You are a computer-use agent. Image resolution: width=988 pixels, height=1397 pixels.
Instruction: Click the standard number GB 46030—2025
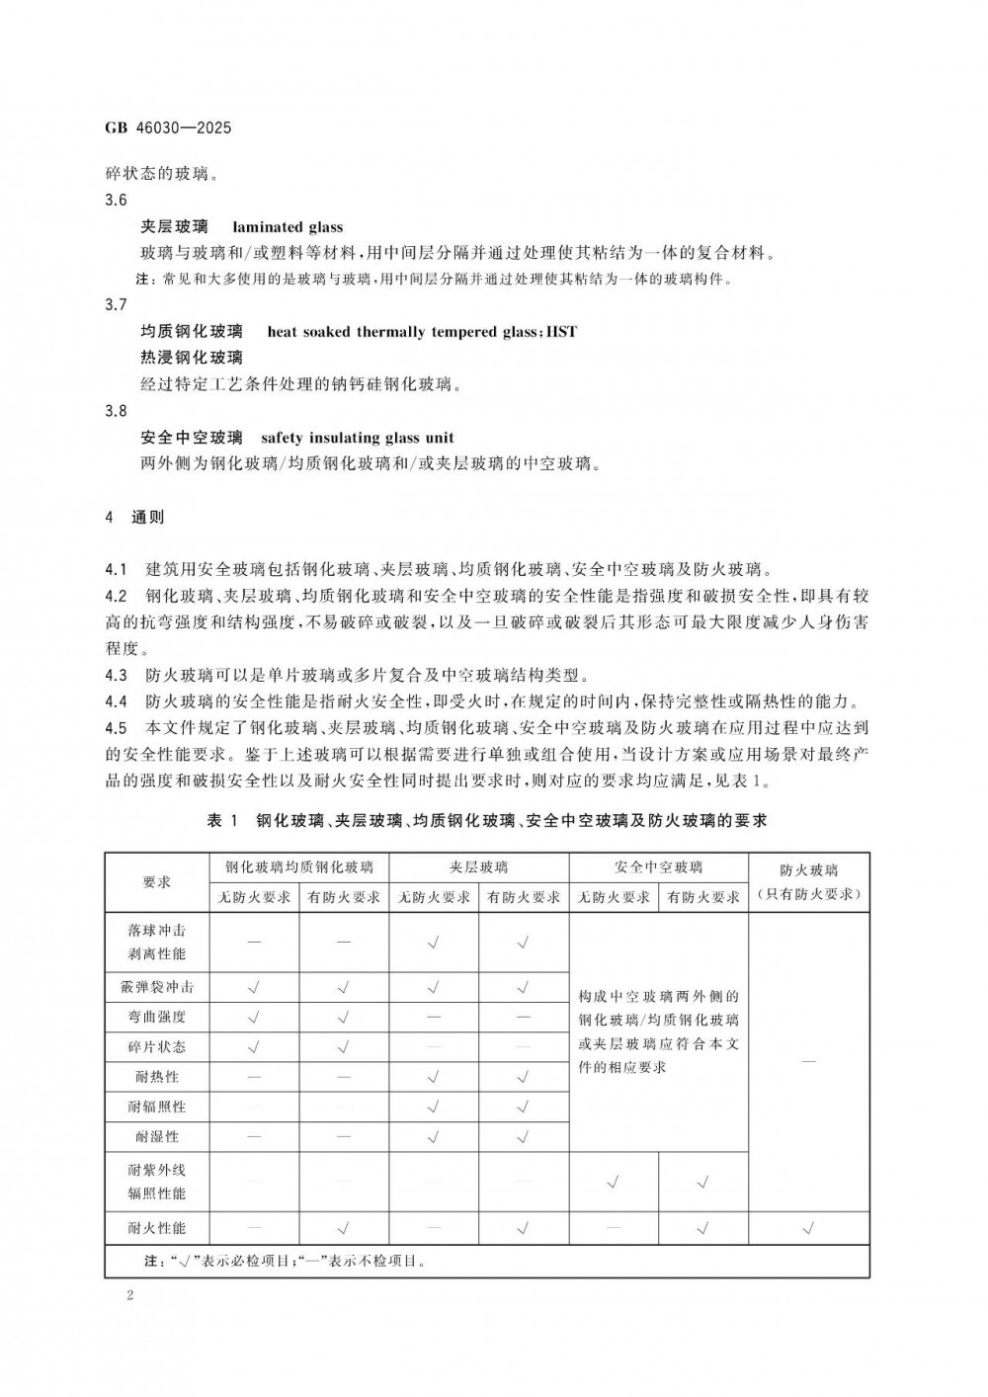167,128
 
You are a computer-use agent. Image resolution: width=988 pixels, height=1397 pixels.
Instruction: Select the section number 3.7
116,305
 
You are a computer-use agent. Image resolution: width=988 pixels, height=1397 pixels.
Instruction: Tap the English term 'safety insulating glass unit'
357,438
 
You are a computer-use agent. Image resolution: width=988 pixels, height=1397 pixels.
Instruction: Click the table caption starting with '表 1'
487,821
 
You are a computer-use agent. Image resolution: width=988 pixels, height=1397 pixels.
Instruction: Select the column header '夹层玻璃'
478,867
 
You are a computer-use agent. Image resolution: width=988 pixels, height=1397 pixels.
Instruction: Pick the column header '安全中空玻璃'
658,867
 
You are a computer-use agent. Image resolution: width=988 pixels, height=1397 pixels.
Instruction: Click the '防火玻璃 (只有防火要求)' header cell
808,882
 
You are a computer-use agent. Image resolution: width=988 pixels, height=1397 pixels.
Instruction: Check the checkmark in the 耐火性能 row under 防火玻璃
808,1228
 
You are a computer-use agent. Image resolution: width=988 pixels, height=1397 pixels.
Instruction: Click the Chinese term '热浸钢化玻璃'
192,357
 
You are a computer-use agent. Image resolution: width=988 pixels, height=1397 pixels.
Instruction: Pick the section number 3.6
116,201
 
